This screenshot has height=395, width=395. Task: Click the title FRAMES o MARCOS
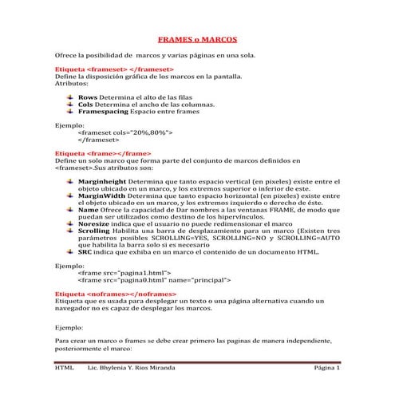(196, 38)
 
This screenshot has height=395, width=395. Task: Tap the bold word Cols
(86, 105)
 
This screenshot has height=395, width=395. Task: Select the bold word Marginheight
(101, 182)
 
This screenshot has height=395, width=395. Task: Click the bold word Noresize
(93, 225)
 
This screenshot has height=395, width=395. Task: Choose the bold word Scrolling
(95, 232)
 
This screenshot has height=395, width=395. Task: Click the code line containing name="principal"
(154, 281)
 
